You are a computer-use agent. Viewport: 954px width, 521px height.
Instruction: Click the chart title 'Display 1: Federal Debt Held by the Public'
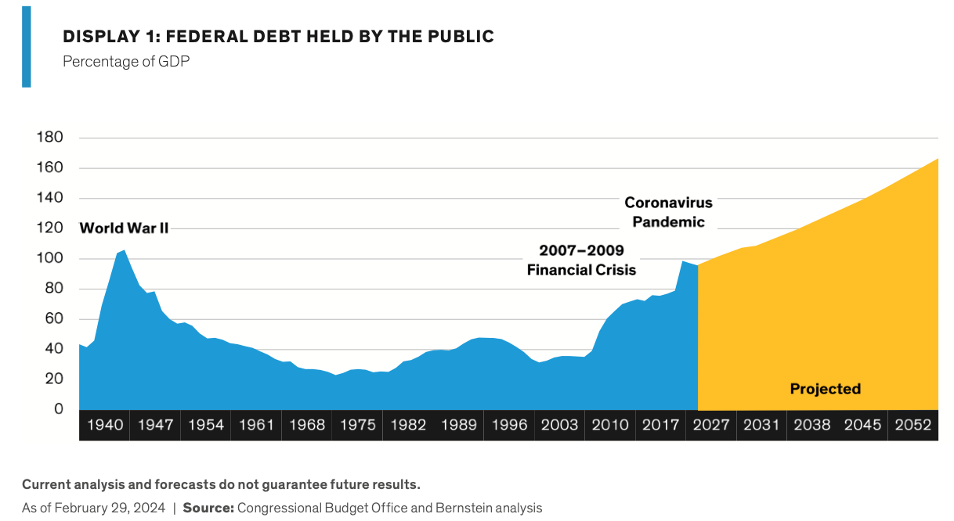point(278,37)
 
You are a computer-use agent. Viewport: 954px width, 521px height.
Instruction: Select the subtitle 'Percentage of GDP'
point(126,61)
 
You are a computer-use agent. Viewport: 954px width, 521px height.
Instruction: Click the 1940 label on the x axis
point(105,425)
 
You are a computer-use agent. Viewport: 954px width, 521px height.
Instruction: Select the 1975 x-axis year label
point(357,425)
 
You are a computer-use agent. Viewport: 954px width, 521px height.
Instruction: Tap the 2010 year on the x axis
point(610,425)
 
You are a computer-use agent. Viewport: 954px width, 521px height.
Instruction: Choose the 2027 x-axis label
point(711,425)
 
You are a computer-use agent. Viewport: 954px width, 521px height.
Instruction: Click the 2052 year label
point(912,425)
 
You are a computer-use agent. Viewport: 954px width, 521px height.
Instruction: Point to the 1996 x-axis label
point(509,425)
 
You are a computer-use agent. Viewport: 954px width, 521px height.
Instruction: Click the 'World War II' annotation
point(124,228)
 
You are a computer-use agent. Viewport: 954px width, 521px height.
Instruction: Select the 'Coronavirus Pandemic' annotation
point(668,212)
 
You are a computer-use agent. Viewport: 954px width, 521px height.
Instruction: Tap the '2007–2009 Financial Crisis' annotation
point(581,260)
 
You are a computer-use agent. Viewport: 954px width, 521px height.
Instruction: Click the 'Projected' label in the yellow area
point(825,389)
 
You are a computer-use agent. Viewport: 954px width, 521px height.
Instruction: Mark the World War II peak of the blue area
point(124,251)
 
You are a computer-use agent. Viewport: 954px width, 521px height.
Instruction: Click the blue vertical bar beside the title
point(26,46)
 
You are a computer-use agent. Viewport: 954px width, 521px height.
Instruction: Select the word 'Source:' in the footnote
point(208,508)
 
